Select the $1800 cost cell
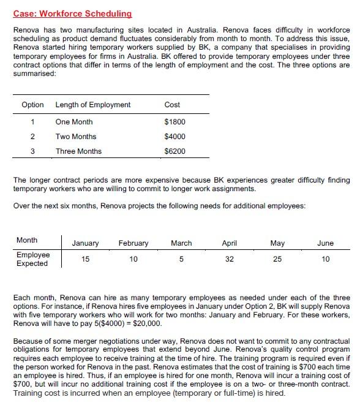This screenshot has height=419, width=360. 175,122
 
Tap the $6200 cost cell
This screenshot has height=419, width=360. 175,151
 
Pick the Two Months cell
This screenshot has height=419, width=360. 76,137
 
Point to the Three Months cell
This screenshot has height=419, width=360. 78,151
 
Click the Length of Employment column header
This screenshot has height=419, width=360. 93,105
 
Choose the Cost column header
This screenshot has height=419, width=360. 173,105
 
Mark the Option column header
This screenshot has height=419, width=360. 32,105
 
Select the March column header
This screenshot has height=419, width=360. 181,243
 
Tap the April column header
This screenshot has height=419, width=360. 230,243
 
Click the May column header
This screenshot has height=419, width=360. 277,243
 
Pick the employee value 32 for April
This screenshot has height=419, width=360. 230,259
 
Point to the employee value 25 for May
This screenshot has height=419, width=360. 277,259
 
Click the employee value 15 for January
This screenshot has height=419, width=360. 85,259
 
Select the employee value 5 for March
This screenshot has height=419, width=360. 181,259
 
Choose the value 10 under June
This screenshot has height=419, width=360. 325,259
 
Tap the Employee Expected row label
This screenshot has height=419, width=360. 33,259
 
